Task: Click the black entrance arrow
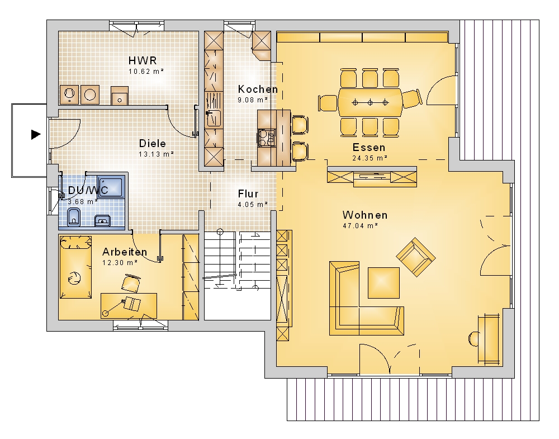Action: [x=36, y=134]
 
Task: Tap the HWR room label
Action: [x=143, y=60]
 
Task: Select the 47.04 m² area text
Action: [x=361, y=225]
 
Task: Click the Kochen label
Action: [x=258, y=89]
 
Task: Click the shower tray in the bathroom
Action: [x=111, y=186]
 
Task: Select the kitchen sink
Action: [x=214, y=117]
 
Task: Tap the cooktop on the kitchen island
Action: [x=267, y=138]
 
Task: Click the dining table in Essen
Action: [x=370, y=103]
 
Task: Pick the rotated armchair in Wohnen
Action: [x=416, y=257]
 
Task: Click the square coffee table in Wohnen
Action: [x=383, y=282]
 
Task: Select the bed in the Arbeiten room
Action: [x=75, y=267]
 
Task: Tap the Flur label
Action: [x=248, y=193]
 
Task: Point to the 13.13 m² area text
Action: [x=156, y=154]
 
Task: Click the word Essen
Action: [x=369, y=147]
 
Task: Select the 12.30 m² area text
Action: [x=120, y=262]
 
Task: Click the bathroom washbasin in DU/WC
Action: [x=103, y=221]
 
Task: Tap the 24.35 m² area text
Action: [x=370, y=158]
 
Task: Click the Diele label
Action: [x=153, y=143]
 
